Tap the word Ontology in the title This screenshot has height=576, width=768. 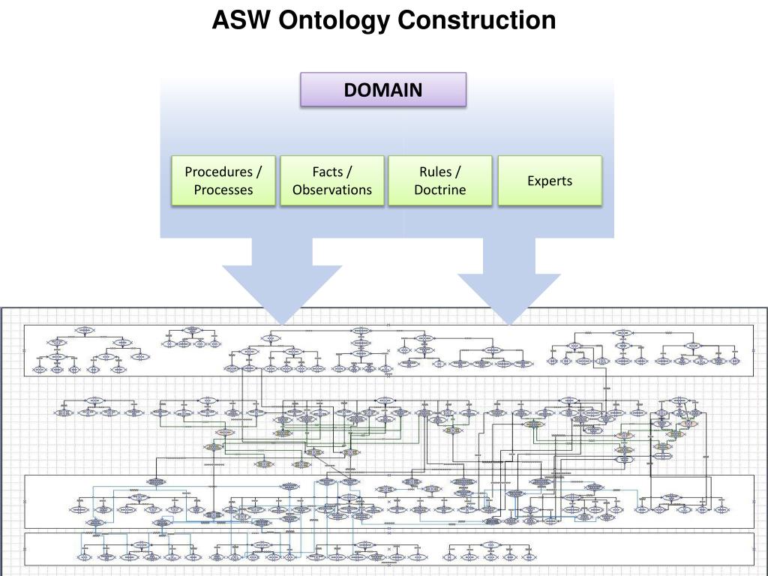click(x=334, y=20)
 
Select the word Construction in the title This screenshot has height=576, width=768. click(x=476, y=20)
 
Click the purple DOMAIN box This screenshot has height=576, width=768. click(x=383, y=90)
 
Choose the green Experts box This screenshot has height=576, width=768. click(x=550, y=181)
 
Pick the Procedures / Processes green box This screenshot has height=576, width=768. click(x=223, y=181)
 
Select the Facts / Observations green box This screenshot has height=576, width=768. click(x=332, y=181)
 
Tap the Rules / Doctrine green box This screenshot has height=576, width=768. click(x=440, y=181)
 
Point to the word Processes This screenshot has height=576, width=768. click(x=223, y=190)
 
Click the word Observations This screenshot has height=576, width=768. click(x=332, y=190)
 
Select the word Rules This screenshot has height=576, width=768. click(x=436, y=172)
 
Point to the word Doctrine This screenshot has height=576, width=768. click(x=440, y=190)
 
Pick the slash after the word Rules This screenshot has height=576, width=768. click(x=457, y=172)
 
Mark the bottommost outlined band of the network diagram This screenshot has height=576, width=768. click(x=389, y=548)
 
